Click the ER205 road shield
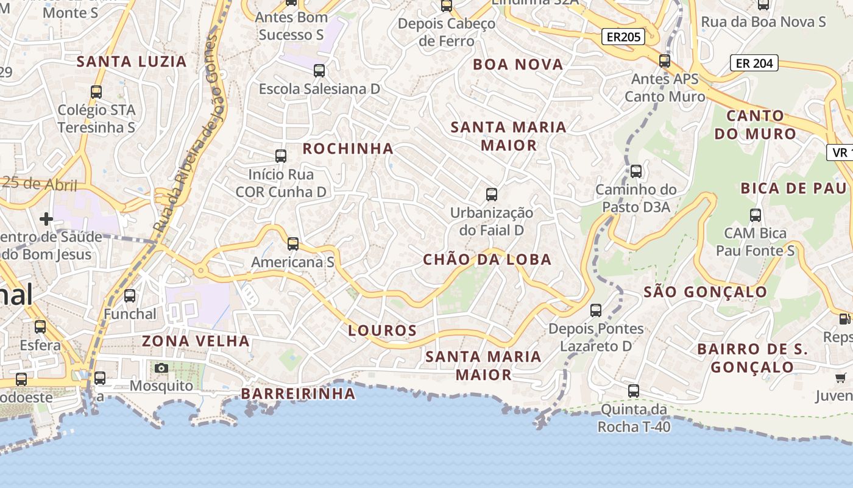623,37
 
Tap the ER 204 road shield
754,63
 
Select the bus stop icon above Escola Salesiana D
319,71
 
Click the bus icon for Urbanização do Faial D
492,195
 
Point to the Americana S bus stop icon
293,244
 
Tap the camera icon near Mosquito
161,368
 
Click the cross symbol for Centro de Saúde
46,218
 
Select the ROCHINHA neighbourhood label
348,149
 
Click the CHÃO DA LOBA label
487,260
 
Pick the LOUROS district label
383,331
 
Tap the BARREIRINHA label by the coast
299,393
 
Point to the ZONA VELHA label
196,341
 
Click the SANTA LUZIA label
132,62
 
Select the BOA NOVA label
518,65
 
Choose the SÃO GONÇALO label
705,292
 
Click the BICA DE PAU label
793,188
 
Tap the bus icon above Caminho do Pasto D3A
636,171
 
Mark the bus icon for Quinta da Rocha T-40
634,391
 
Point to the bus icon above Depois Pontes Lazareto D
596,310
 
